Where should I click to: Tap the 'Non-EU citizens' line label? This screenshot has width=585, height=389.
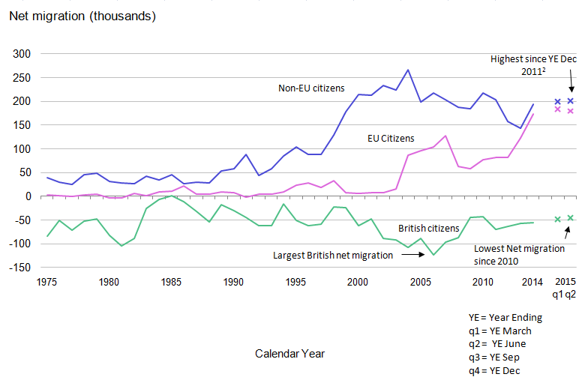tap(311, 88)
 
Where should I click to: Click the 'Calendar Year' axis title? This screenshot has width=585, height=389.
tap(289, 353)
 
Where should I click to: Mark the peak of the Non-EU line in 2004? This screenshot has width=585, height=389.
tap(408, 70)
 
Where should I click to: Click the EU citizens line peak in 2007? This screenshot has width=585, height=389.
tap(445, 136)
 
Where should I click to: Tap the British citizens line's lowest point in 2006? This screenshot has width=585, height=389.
tap(433, 255)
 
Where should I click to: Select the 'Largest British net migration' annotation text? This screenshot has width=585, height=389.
tap(332, 256)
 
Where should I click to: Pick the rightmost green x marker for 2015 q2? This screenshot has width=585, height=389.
tap(570, 218)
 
